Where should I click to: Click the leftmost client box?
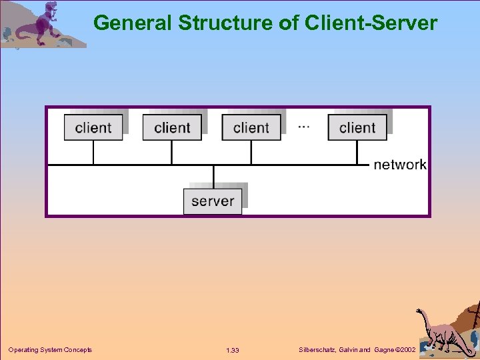[x=93, y=127]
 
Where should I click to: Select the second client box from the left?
[x=172, y=127]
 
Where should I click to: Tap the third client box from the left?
[x=251, y=127]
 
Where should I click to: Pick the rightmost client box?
[x=357, y=127]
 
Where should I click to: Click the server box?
[x=213, y=201]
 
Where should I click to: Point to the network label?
[x=399, y=164]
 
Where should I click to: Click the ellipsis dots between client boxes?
[x=303, y=126]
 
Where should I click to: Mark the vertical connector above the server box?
[x=213, y=177]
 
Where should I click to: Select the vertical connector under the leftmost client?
[x=93, y=152]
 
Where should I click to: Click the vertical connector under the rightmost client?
[x=357, y=152]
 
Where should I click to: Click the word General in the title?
[x=133, y=23]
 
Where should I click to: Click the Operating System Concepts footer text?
[x=50, y=350]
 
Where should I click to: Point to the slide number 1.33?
[x=233, y=351]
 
